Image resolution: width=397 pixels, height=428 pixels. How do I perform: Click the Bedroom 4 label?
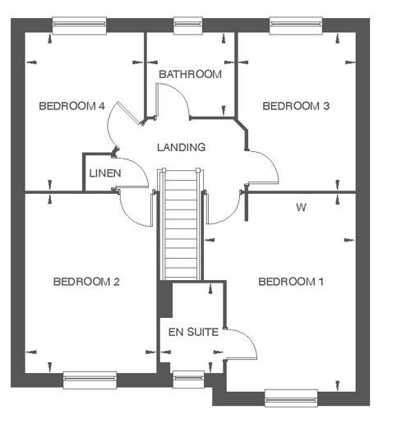(72, 106)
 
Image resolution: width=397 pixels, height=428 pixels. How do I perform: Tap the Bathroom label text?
(190, 74)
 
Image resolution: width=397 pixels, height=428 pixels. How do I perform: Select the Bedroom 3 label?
(296, 106)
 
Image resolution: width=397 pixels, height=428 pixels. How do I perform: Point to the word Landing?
(182, 147)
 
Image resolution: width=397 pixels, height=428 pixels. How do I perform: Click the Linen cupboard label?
(105, 173)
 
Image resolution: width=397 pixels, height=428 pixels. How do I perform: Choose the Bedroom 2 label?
(86, 282)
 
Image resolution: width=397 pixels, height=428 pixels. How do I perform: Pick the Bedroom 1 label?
(291, 282)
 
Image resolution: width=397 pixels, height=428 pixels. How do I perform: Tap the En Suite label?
(193, 332)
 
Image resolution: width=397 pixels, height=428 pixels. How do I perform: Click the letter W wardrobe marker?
(301, 207)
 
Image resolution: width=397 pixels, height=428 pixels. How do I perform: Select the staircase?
(181, 224)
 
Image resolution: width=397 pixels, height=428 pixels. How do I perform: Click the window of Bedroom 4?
(79, 25)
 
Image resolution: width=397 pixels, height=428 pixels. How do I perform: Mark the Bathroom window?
(188, 25)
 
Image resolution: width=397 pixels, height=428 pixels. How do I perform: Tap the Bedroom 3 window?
(296, 25)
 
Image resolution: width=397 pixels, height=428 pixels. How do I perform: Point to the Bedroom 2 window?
(90, 380)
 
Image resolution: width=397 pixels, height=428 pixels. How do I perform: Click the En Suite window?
(189, 380)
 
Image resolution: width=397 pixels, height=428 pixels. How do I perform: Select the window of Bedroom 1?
(291, 398)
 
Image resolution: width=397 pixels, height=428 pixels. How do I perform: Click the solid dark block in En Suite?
(166, 300)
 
